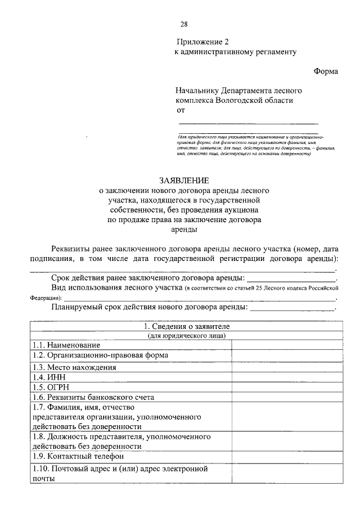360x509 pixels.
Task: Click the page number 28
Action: [x=184, y=24]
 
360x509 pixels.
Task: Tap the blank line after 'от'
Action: [x=248, y=122]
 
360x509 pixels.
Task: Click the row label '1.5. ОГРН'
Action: [x=52, y=387]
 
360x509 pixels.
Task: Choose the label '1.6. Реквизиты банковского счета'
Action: [x=93, y=397]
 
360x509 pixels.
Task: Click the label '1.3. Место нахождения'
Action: [x=74, y=367]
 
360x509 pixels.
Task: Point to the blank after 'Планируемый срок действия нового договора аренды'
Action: [x=292, y=308]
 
